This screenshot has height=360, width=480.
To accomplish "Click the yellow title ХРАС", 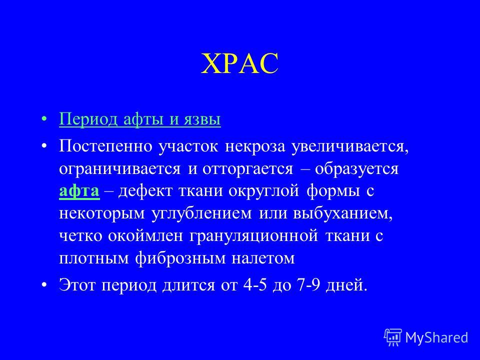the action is [x=239, y=63].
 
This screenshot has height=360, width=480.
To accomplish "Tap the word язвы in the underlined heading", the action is [x=202, y=119].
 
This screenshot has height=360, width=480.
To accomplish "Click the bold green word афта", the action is [x=79, y=190].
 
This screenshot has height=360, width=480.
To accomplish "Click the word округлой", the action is [x=263, y=191].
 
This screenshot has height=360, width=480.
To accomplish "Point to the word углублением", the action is [x=201, y=214].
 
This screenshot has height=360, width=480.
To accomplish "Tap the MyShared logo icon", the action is [x=393, y=337].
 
